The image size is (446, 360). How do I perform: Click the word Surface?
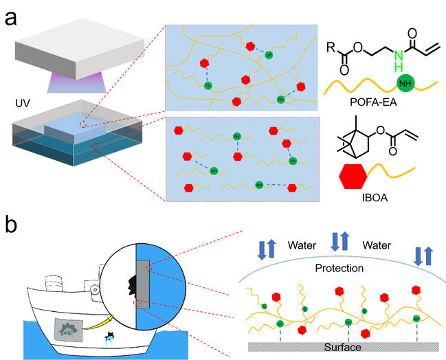344,347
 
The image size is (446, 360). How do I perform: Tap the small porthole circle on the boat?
91,288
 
